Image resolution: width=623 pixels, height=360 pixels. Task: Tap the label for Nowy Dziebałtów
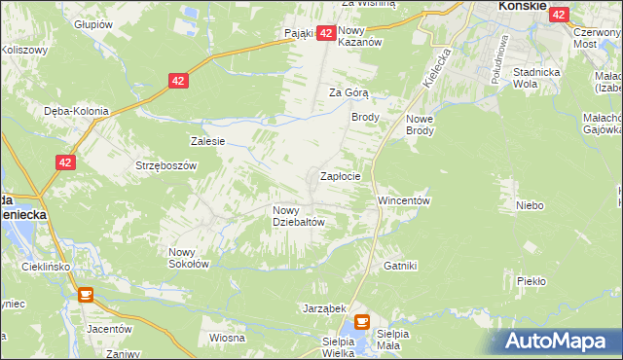[298, 215]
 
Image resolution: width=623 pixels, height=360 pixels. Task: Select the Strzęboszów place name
[165, 165]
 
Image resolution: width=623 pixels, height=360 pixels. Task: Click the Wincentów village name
[403, 200]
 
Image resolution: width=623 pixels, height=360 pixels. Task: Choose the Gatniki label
[400, 265]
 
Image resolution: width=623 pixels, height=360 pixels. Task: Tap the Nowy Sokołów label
[189, 257]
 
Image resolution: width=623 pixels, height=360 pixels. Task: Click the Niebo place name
[530, 205]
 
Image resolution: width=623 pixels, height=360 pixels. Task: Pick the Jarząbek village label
[325, 307]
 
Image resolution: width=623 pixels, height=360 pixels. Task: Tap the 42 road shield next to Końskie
[559, 14]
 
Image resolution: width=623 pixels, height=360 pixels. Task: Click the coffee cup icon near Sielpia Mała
[362, 321]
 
